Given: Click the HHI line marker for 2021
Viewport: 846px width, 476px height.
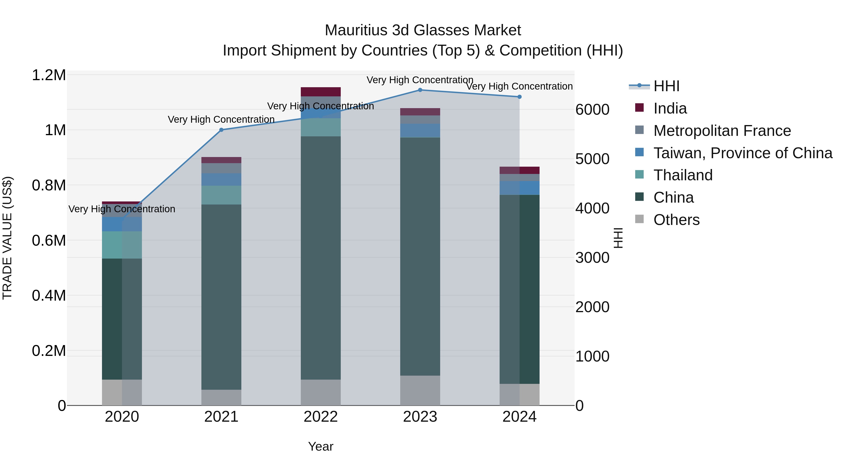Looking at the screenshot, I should (x=221, y=130).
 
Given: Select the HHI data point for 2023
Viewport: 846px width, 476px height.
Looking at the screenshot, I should (x=420, y=90).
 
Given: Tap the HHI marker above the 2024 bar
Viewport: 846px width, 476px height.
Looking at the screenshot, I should (x=520, y=97).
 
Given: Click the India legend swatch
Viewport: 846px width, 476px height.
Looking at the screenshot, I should (x=639, y=108).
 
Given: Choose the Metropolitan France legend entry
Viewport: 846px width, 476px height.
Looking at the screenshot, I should (x=722, y=131).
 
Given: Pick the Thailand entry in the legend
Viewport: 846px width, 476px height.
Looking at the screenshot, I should (x=683, y=175).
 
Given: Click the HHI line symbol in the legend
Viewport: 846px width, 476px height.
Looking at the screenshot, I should (x=639, y=86).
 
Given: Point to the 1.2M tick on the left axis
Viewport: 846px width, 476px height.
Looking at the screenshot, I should (x=49, y=75).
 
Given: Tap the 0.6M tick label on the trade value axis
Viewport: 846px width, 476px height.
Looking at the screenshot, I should (x=49, y=240).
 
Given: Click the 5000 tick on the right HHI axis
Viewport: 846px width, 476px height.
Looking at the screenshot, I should (x=592, y=159).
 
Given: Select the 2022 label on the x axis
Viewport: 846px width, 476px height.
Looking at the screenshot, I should (x=321, y=417).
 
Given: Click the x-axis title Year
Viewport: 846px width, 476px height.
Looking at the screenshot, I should (x=321, y=446).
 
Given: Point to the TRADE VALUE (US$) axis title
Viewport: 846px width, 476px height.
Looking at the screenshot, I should (x=7, y=238).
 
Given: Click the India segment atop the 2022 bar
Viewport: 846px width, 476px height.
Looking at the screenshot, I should (x=321, y=92).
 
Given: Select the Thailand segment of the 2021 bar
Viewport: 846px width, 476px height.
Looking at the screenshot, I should (x=221, y=195).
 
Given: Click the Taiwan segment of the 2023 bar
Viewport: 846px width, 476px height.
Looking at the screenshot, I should (x=420, y=130).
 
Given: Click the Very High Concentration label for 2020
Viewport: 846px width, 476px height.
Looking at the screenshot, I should (x=121, y=209).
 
